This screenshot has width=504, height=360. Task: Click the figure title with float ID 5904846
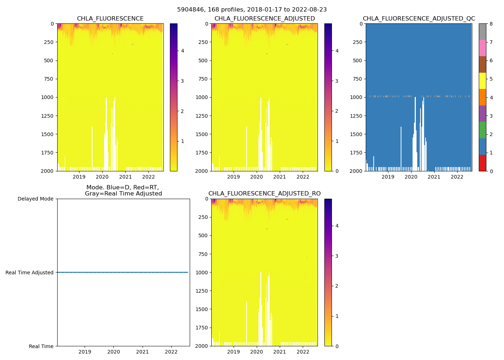(x=252, y=10)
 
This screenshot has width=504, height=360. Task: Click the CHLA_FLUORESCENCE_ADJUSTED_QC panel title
(x=419, y=19)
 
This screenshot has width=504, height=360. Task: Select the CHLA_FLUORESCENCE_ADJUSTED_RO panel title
(x=264, y=194)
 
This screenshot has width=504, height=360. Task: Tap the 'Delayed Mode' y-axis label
(x=35, y=199)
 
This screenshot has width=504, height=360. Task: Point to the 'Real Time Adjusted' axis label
(x=30, y=273)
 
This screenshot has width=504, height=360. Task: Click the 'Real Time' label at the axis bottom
(x=41, y=346)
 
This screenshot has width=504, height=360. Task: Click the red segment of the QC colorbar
(x=482, y=163)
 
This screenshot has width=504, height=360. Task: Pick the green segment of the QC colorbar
(x=482, y=130)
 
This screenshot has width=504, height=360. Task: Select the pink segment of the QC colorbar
(x=482, y=48)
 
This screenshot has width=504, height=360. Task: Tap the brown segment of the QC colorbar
(x=482, y=64)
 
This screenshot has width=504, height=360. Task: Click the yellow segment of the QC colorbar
(x=482, y=81)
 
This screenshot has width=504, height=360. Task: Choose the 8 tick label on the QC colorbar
(x=491, y=24)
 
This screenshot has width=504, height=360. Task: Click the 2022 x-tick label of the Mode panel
(x=171, y=352)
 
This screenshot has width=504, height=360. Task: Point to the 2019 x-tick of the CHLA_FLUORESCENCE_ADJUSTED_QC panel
(x=388, y=177)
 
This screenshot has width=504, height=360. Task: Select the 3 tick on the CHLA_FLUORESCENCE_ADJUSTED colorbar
(x=337, y=81)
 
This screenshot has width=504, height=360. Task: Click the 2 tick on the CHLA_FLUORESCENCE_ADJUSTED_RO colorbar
(x=337, y=286)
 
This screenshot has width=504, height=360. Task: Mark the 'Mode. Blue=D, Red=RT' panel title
(x=123, y=190)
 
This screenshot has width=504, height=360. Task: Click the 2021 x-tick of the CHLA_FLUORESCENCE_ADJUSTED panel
(x=280, y=177)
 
